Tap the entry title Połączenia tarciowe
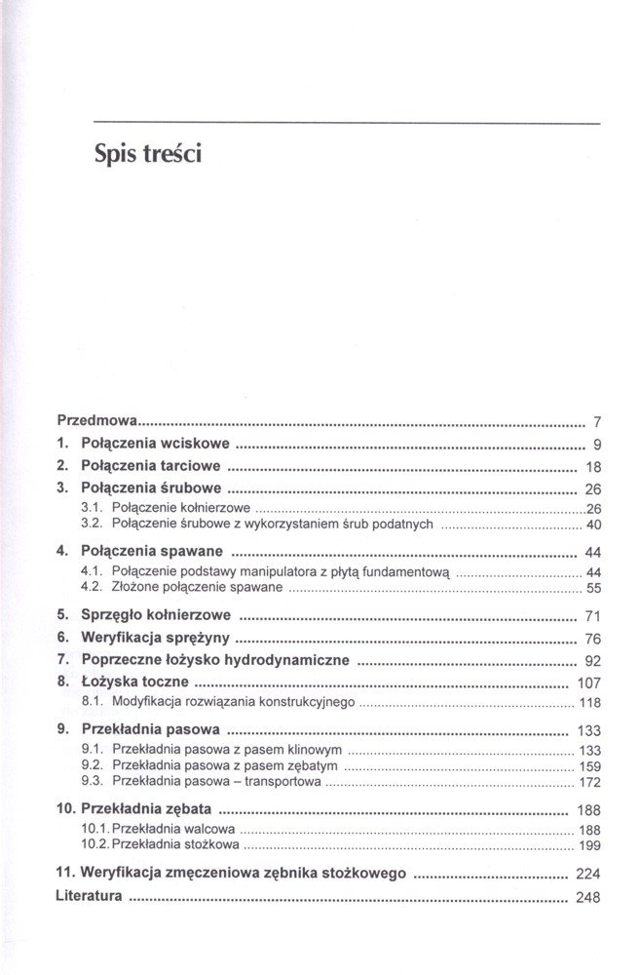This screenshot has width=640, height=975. pyautogui.click(x=151, y=465)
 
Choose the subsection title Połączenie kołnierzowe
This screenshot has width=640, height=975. pyautogui.click(x=182, y=508)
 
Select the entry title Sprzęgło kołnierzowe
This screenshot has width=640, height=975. pyautogui.click(x=157, y=615)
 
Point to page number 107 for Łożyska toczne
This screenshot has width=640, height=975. pyautogui.click(x=589, y=682)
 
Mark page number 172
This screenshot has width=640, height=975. pyautogui.click(x=589, y=782)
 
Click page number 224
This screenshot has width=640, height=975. pyautogui.click(x=589, y=874)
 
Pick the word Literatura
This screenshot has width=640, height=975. pyautogui.click(x=90, y=895)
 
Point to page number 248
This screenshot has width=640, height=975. pyautogui.click(x=589, y=897)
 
